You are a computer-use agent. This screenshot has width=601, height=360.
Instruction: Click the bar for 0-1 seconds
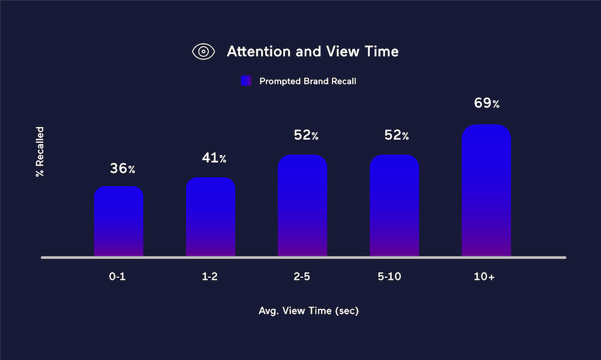(119, 221)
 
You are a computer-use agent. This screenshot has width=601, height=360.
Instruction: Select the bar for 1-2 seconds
(210, 216)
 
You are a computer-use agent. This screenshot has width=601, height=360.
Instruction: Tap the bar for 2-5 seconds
(303, 206)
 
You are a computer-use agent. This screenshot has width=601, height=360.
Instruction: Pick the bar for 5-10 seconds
(395, 206)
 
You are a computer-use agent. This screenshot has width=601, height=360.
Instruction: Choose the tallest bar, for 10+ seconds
(486, 190)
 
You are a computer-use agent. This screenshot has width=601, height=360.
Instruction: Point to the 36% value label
(123, 168)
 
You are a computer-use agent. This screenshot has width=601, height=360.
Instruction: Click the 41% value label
(214, 158)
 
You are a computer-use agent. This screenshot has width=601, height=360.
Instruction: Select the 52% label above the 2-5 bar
(307, 135)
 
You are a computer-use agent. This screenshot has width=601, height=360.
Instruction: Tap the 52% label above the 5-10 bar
(397, 135)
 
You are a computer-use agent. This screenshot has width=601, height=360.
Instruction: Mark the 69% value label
(487, 103)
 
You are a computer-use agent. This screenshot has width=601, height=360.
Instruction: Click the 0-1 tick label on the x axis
(118, 277)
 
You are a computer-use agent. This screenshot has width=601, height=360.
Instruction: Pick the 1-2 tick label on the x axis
(210, 277)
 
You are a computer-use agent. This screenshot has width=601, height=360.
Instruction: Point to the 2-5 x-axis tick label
(302, 277)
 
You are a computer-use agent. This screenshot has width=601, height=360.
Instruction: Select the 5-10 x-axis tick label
(389, 277)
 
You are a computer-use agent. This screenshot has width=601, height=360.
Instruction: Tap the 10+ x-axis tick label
(484, 277)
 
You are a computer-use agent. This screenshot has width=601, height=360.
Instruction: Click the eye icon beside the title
(204, 51)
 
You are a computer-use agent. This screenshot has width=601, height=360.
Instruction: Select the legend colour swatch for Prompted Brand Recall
(246, 81)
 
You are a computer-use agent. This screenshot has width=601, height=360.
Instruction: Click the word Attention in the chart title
(258, 51)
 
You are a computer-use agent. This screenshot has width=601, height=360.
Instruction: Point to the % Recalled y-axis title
(40, 152)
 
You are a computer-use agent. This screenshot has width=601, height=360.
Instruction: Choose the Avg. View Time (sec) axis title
(309, 311)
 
